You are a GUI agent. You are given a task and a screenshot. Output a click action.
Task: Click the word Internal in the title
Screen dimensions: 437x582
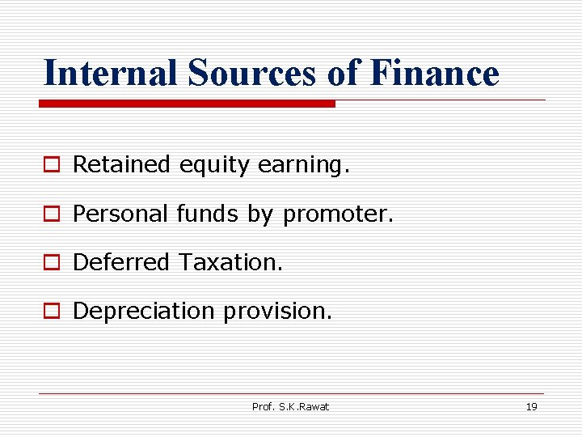111,73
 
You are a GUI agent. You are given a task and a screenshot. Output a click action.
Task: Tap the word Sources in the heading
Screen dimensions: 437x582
252,73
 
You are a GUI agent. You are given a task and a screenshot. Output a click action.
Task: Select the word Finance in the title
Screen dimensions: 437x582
433,73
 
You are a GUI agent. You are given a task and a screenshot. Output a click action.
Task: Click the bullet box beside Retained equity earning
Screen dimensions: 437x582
52,166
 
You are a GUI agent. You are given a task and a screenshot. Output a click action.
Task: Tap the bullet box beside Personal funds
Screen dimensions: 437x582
52,214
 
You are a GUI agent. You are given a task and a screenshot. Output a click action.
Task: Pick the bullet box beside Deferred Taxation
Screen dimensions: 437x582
52,263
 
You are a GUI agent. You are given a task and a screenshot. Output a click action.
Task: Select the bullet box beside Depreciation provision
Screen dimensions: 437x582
52,312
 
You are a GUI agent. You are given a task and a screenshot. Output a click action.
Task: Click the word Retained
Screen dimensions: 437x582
121,165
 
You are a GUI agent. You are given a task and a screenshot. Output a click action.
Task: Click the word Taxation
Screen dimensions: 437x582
231,262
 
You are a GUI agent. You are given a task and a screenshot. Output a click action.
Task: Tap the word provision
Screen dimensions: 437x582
277,312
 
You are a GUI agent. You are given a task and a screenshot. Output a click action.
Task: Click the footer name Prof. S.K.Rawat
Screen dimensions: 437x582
290,407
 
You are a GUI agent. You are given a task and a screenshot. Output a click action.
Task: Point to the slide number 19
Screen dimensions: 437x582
531,407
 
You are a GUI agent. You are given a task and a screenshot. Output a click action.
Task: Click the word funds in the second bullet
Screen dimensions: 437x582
206,214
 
